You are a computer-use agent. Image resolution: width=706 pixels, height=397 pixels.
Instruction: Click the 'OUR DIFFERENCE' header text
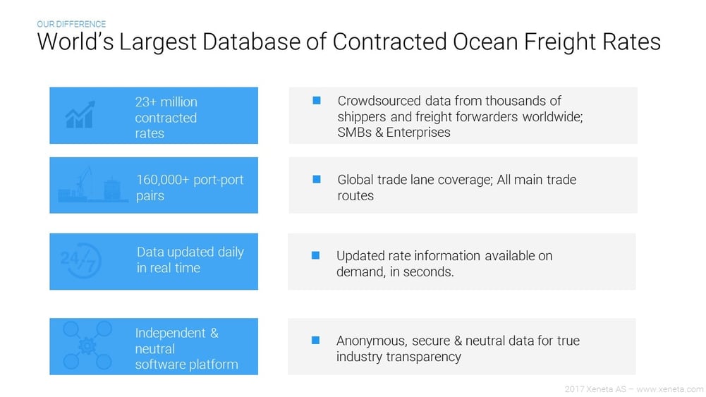pyautogui.click(x=71, y=24)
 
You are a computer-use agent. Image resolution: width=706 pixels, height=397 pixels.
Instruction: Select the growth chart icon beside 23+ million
pyautogui.click(x=80, y=115)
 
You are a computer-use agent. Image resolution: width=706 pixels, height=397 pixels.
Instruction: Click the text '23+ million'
pyautogui.click(x=166, y=102)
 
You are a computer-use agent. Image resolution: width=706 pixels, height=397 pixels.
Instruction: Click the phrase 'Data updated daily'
pyautogui.click(x=190, y=252)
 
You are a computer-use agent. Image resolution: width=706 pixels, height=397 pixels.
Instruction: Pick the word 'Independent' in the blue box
pyautogui.click(x=171, y=333)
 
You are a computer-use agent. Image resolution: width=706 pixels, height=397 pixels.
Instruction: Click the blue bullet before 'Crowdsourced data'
pyautogui.click(x=317, y=101)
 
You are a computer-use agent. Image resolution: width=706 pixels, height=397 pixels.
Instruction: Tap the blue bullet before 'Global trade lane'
pyautogui.click(x=317, y=180)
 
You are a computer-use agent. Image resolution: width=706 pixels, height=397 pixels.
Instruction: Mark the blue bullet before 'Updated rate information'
pyautogui.click(x=316, y=255)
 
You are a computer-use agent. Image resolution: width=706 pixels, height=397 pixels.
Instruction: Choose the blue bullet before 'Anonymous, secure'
pyautogui.click(x=316, y=341)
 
